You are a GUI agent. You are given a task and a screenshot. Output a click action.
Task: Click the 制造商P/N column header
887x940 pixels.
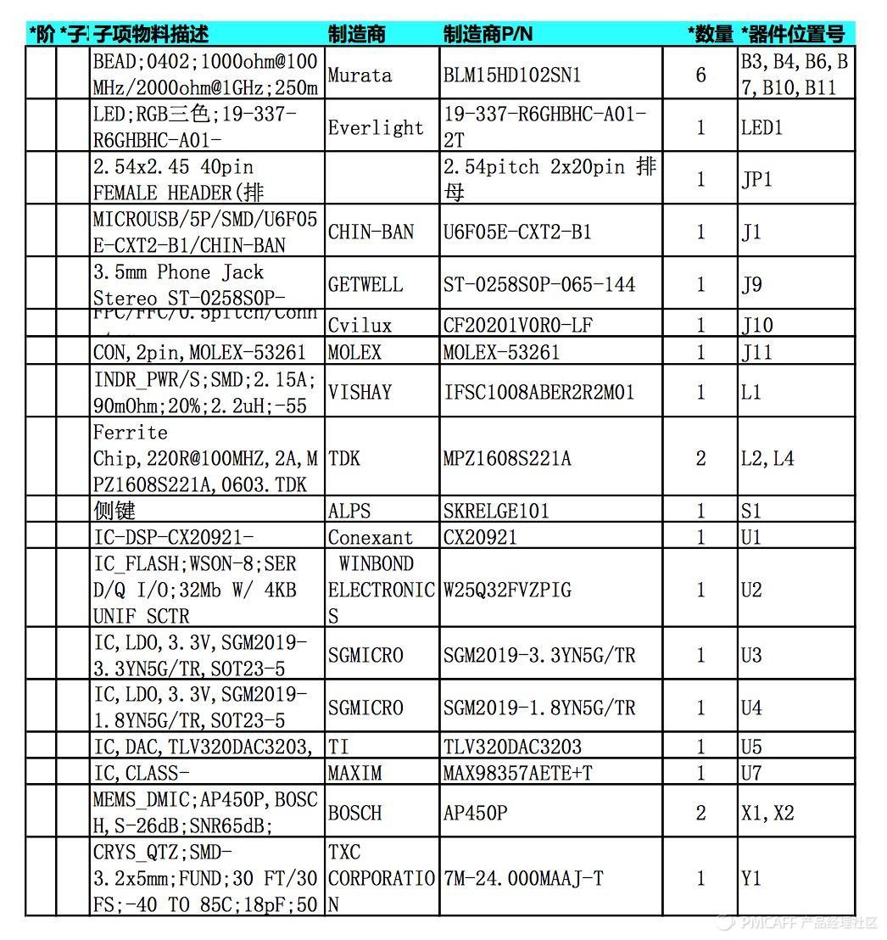488,34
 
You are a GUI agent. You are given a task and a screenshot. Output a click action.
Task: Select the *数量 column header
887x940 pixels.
710,34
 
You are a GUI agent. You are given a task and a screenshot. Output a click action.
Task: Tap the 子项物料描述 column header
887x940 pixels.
150,34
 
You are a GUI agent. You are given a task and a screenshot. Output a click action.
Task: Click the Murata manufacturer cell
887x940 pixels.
360,75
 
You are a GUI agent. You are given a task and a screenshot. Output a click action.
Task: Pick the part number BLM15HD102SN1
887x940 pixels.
512,75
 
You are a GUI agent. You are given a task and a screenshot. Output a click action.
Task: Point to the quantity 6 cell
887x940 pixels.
700,75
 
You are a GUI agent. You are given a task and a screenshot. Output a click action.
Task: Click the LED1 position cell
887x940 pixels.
761,127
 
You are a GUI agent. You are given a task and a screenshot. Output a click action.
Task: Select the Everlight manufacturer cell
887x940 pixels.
375,127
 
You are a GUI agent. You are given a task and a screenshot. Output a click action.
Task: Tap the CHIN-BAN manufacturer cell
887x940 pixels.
371,232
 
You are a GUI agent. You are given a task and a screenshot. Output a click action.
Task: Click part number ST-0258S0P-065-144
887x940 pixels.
539,284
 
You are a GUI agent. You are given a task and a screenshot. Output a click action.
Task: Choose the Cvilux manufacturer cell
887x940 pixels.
360,325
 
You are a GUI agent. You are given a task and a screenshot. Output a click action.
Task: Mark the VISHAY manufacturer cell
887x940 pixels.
360,392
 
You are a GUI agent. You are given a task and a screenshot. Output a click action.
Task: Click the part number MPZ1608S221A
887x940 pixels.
507,458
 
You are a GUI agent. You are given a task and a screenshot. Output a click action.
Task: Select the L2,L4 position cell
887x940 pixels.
767,458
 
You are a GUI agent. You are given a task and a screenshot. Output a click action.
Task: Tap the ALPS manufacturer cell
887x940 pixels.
349,511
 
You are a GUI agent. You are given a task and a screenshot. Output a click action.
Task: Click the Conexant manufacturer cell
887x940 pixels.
371,537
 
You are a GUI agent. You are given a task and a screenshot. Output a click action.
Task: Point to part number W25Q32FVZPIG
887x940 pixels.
507,589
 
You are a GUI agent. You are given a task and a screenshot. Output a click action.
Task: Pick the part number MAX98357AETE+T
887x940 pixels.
517,773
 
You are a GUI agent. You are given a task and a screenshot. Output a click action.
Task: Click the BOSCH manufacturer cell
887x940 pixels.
354,813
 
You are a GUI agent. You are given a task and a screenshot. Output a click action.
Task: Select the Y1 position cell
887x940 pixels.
751,878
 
